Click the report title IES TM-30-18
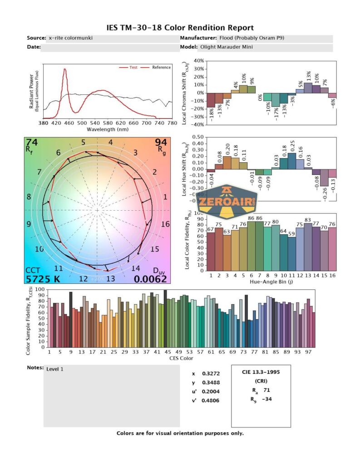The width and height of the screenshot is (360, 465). (x=179, y=28)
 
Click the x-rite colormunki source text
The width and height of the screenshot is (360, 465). (x=71, y=38)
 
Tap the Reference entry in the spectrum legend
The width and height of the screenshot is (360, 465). (x=161, y=67)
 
